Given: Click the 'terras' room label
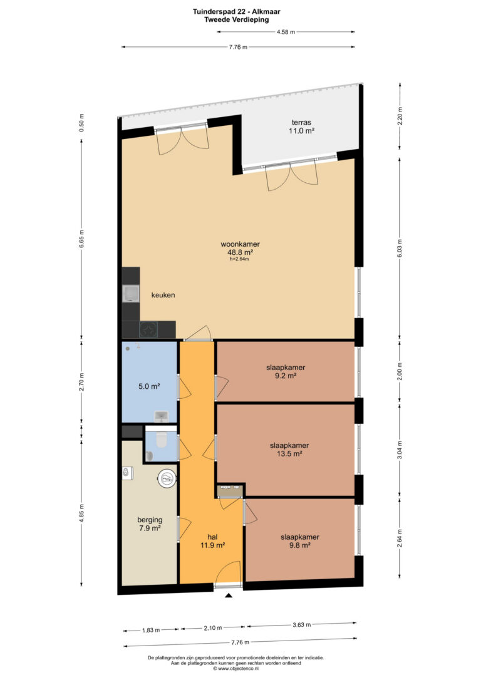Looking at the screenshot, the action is click(x=301, y=122).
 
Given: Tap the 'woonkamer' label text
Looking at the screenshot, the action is click(x=240, y=244).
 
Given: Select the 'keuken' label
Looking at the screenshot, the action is click(x=163, y=295).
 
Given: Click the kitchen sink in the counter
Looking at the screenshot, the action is click(x=130, y=294).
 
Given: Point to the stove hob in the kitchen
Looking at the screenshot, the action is click(x=148, y=329).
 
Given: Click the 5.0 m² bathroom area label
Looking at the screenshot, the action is click(x=149, y=386).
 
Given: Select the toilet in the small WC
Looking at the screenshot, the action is click(x=161, y=440).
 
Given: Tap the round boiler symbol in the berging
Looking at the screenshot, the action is click(x=167, y=479).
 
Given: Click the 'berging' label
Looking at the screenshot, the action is click(x=150, y=520).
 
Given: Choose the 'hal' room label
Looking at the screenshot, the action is click(x=212, y=537).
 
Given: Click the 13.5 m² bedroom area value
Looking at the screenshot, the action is click(x=289, y=453).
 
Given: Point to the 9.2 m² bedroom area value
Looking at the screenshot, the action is click(x=286, y=376).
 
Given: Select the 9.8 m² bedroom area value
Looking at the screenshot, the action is click(x=300, y=545).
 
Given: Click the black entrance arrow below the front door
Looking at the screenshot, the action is click(x=229, y=596).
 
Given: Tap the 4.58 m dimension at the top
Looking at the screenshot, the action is click(x=286, y=32).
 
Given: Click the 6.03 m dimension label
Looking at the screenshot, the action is click(x=400, y=249).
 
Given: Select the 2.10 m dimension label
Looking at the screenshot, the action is click(x=212, y=627).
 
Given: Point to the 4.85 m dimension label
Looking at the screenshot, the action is click(x=81, y=513).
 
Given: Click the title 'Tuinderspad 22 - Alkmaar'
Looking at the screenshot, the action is click(x=236, y=12).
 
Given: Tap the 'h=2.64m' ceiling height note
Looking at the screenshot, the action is click(x=239, y=259).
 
